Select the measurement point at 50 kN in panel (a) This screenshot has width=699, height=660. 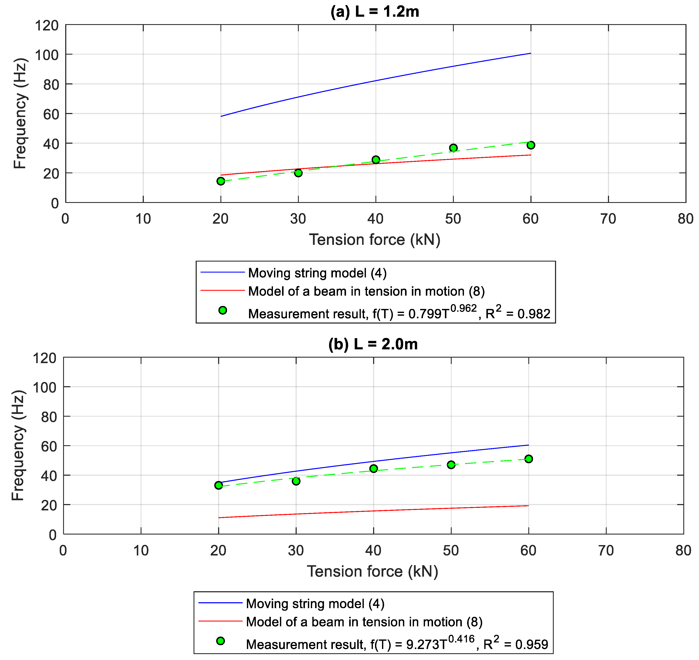click(x=453, y=148)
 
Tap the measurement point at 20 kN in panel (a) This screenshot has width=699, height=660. click(x=221, y=181)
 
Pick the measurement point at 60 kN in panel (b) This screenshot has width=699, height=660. click(x=528, y=459)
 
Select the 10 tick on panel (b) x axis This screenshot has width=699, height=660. click(x=141, y=551)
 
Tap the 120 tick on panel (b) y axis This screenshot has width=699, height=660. click(x=44, y=358)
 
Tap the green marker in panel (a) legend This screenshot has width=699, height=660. click(x=223, y=310)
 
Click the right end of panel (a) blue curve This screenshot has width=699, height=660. click(x=530, y=54)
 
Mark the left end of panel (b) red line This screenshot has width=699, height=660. click(x=219, y=518)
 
